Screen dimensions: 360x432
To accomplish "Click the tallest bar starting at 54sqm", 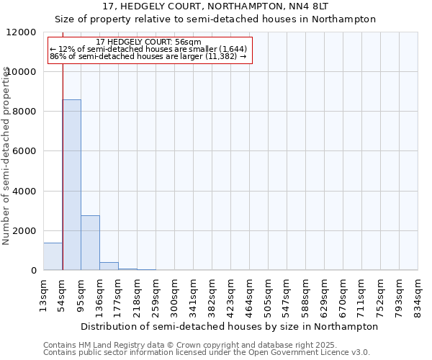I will pos(71,185).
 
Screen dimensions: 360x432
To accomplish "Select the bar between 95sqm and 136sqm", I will pos(90,243).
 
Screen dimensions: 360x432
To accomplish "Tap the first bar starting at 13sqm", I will pos(53,256).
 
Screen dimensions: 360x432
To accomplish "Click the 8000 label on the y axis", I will pos(24,112).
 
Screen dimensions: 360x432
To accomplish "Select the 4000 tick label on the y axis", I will pos(24,192).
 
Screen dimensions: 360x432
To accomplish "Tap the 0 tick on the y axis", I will pos(33,271).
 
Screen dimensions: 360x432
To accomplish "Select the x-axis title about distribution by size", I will pos(229,326).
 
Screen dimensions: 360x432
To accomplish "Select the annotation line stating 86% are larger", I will pos(148,56).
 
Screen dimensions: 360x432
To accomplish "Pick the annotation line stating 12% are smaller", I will pos(148,49).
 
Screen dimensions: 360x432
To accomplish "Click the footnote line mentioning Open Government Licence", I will pos(207,352).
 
